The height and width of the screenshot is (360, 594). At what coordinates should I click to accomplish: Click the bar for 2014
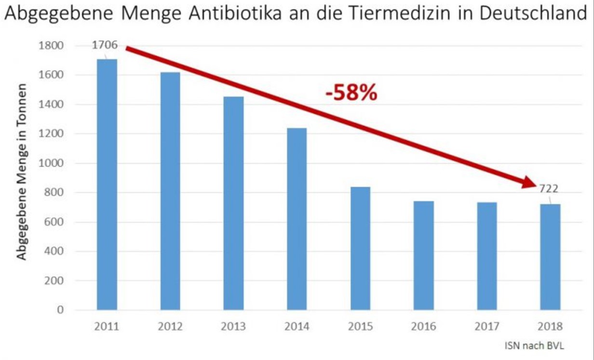[297, 219]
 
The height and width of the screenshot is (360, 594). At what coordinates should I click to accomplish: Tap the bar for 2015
[360, 248]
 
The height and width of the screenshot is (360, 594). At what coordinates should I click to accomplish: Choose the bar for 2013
[233, 203]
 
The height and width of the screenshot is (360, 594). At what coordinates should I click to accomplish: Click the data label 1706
[105, 45]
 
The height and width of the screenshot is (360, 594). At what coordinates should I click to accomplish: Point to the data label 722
[549, 189]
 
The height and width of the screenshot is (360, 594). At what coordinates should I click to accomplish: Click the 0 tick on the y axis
[60, 310]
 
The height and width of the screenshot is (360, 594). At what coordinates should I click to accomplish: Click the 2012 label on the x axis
[170, 327]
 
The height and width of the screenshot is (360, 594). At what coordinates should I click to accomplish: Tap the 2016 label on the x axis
[423, 327]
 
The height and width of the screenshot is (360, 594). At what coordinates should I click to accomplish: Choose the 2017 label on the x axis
[486, 327]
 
